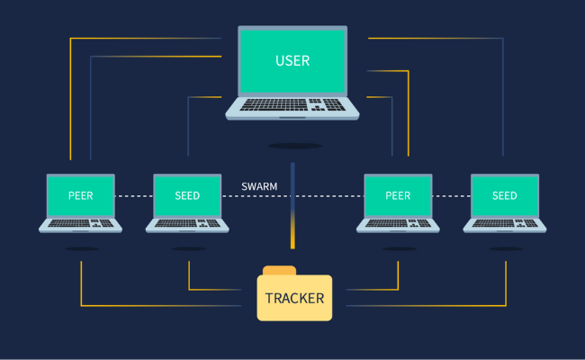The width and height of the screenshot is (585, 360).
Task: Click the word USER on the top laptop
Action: point(292,61)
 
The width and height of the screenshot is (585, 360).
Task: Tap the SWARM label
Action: point(259,187)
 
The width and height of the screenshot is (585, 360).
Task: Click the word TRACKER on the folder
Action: point(294,298)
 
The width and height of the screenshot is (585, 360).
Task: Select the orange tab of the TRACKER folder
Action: point(279,270)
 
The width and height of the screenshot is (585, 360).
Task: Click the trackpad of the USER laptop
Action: point(292,117)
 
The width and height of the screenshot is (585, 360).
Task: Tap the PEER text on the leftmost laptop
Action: point(81,195)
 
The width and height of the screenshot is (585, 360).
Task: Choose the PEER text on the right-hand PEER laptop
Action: point(398,195)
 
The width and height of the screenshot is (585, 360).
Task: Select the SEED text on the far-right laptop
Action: point(505,195)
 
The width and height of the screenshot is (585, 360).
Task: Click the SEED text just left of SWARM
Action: point(188,195)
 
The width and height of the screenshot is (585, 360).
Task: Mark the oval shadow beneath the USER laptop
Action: point(294,146)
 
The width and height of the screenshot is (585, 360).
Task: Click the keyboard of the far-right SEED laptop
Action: point(505,221)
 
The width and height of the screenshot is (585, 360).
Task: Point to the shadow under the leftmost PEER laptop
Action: point(81,248)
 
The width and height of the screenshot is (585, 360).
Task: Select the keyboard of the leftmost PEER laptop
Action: point(81,221)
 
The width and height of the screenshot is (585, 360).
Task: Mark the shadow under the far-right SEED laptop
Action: point(505,248)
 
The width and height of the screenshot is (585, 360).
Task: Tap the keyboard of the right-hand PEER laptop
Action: point(398,221)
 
